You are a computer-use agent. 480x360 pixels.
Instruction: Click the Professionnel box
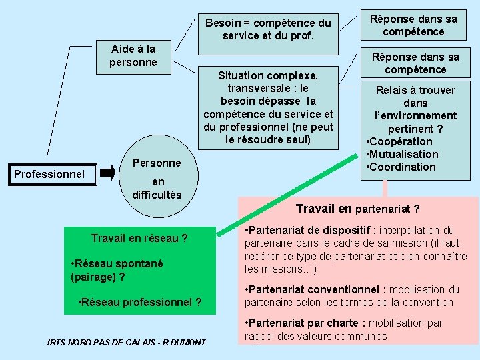pos(49,175)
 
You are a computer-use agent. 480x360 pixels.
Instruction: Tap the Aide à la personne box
pos(133,56)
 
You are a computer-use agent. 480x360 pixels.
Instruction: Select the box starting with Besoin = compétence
pos(267,29)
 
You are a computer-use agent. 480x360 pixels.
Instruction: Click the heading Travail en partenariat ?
pos(357,209)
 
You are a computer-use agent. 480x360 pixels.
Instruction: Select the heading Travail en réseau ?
pos(139,238)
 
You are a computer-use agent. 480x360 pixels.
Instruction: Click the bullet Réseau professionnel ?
pos(140,302)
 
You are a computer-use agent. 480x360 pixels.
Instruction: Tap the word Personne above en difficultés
pos(157,163)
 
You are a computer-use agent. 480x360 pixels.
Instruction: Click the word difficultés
pos(157,194)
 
